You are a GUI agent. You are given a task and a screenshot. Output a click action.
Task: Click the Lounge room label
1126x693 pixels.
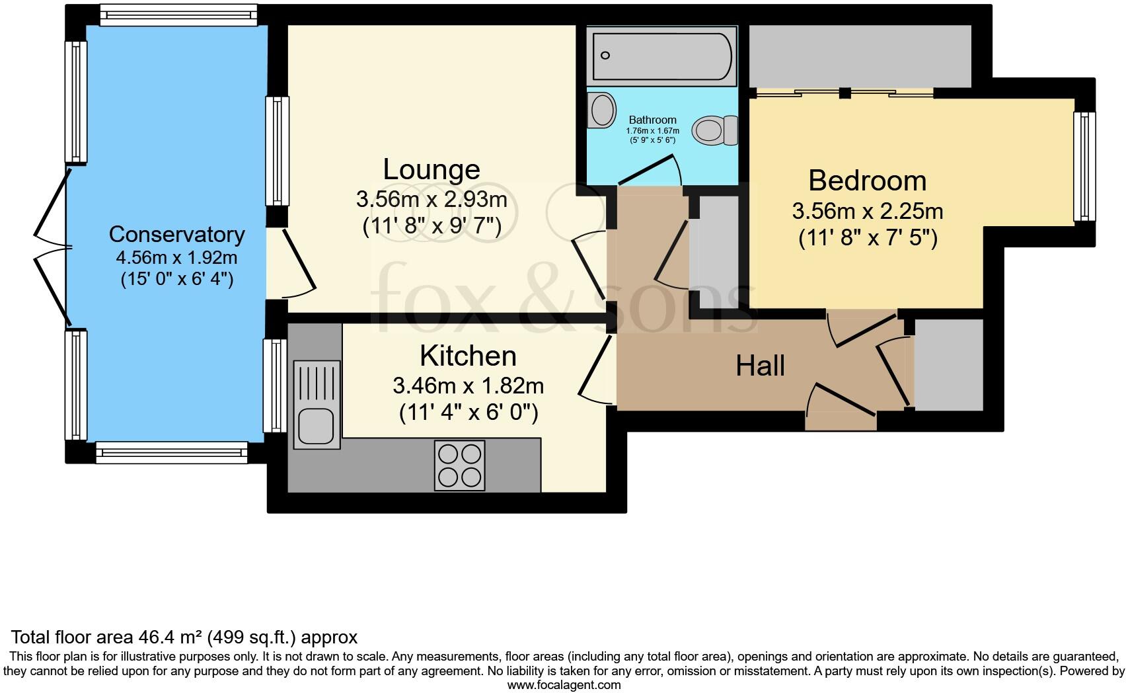point(432,170)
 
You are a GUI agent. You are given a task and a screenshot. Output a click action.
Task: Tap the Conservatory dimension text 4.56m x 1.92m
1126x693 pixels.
point(176,257)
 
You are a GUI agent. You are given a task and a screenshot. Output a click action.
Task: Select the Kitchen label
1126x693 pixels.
point(468,356)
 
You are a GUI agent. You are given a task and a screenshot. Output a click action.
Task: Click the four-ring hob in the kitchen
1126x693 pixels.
point(459,466)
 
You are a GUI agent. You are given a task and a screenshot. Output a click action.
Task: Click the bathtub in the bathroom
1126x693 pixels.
point(662,56)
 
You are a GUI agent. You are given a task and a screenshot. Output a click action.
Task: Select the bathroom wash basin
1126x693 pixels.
point(601,110)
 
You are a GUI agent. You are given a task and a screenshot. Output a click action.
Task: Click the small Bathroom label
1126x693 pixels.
point(652,120)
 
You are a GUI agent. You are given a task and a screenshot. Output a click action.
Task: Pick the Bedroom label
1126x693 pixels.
point(867,181)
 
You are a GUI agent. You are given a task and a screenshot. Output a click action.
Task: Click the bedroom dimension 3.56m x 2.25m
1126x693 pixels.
point(867,212)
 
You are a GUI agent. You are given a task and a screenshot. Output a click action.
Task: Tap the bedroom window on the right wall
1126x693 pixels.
point(1084,166)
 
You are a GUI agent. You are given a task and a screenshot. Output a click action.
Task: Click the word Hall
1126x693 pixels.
point(760,366)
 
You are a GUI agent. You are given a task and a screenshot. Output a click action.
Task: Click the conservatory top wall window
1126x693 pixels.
point(178,15)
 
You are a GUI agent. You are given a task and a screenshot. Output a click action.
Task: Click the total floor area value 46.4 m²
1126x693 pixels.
point(170,637)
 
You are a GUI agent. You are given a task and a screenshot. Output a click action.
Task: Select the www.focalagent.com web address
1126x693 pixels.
point(564,686)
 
